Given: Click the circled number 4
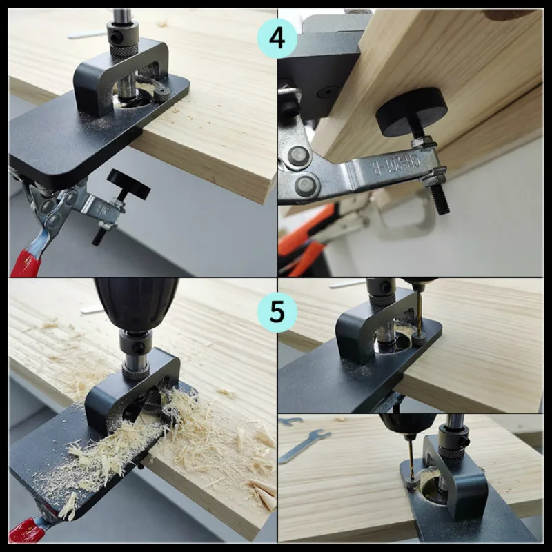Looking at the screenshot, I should (x=277, y=37).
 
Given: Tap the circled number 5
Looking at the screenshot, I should (x=277, y=312).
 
